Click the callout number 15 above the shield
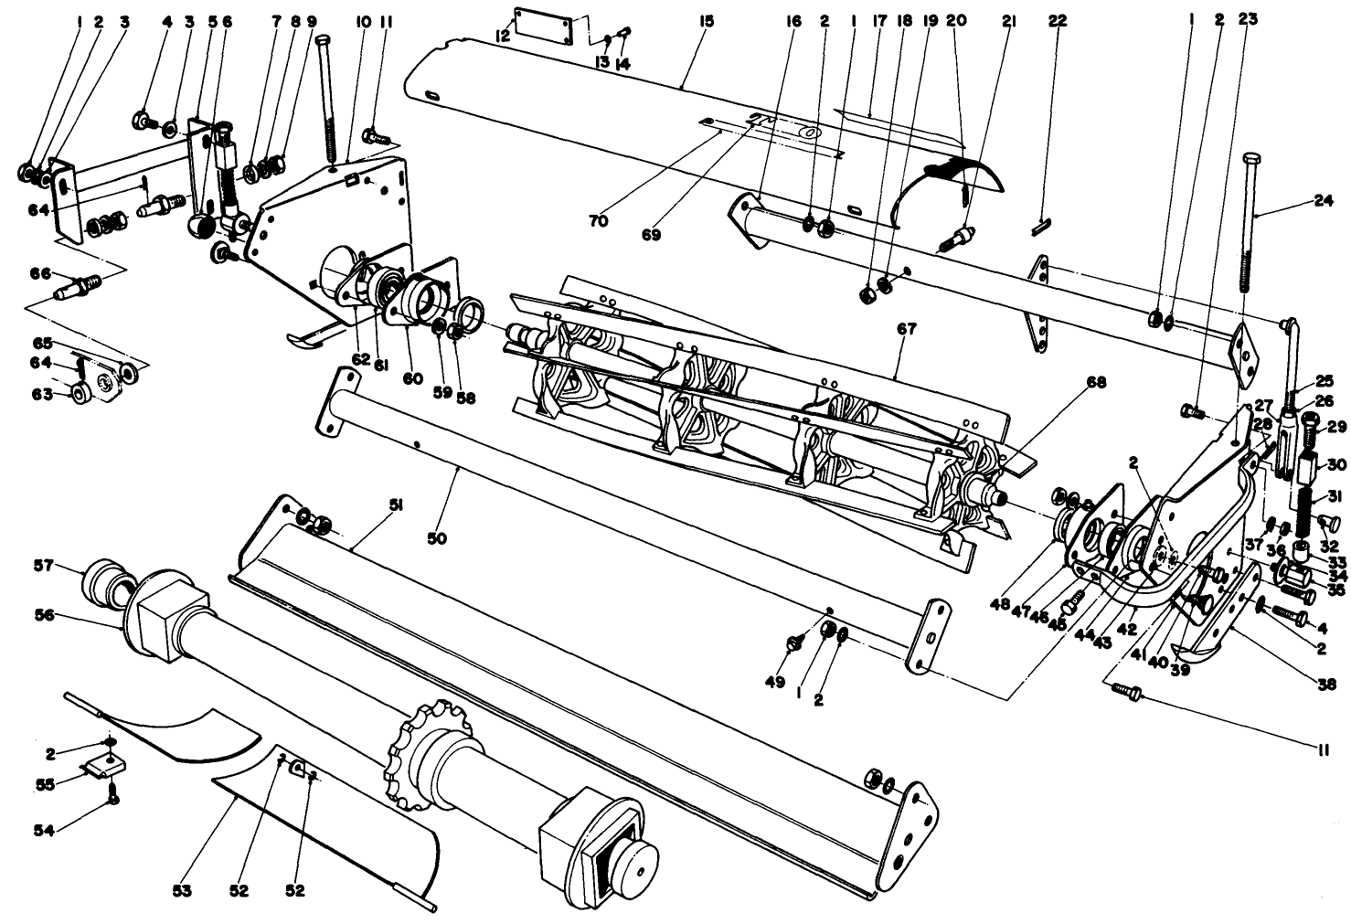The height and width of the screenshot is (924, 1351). tap(704, 19)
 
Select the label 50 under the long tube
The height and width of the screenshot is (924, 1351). tap(437, 539)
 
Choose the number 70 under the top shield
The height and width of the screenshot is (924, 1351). tap(599, 221)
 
